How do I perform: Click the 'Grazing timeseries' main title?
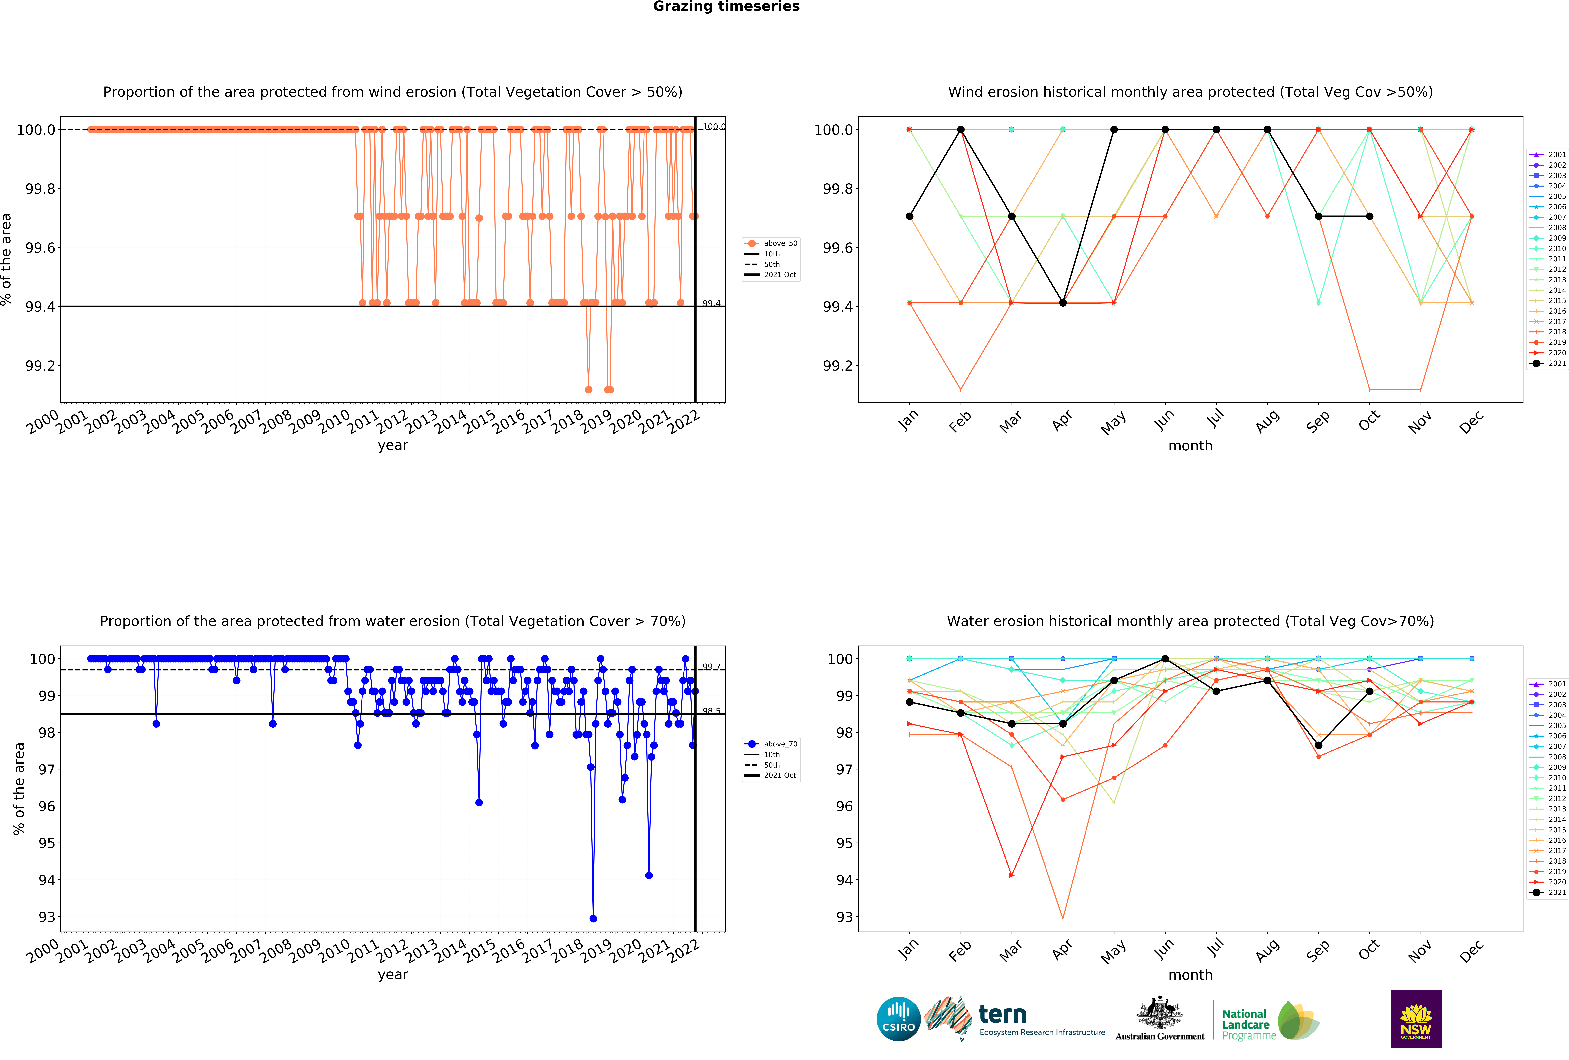726,7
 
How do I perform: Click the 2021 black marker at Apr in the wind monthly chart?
1063,303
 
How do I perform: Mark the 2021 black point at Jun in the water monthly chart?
1165,658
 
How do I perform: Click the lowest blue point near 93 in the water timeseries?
593,918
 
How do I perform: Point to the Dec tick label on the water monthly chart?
1471,950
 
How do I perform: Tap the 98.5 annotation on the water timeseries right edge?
711,710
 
